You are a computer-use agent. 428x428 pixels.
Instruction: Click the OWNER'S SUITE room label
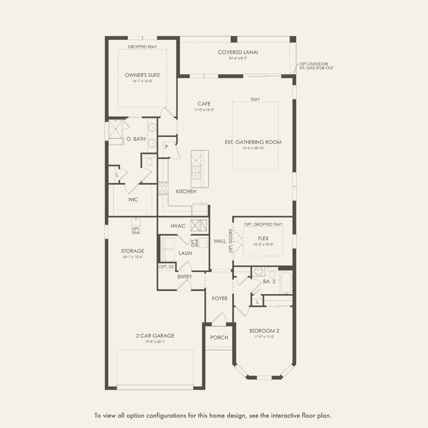pos(142,75)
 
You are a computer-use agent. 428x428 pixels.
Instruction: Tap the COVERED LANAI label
pos(238,52)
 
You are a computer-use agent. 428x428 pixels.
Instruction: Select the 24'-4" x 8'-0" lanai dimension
pos(238,58)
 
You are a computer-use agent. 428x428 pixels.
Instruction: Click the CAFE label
pos(204,104)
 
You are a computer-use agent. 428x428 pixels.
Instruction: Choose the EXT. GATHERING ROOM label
pos(253,142)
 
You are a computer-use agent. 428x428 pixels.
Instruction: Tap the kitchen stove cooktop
pos(163,188)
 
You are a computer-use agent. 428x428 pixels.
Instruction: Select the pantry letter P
pos(166,147)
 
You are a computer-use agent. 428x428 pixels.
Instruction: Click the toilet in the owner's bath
pos(149,162)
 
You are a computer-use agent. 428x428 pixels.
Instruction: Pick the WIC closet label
pos(133,200)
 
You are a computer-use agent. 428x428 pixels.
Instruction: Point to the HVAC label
pos(178,226)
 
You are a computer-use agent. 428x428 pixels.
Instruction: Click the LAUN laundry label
pos(185,253)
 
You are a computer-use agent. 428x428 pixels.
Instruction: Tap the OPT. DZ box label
pos(166,267)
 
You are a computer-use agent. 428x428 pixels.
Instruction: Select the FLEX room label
pos(263,238)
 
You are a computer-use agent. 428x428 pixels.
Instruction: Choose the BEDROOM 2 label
pos(264,331)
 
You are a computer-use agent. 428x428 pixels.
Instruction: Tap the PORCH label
pos(219,337)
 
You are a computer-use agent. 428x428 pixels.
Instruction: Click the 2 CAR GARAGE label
pos(155,335)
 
